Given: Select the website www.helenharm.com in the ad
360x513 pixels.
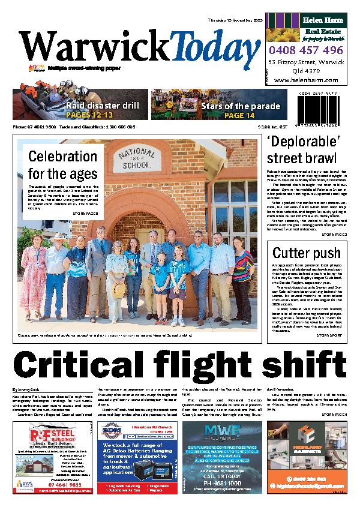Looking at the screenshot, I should click(306, 80).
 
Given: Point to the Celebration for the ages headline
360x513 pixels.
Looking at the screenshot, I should click(62, 166).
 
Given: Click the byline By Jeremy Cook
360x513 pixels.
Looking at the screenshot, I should click(28, 389).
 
